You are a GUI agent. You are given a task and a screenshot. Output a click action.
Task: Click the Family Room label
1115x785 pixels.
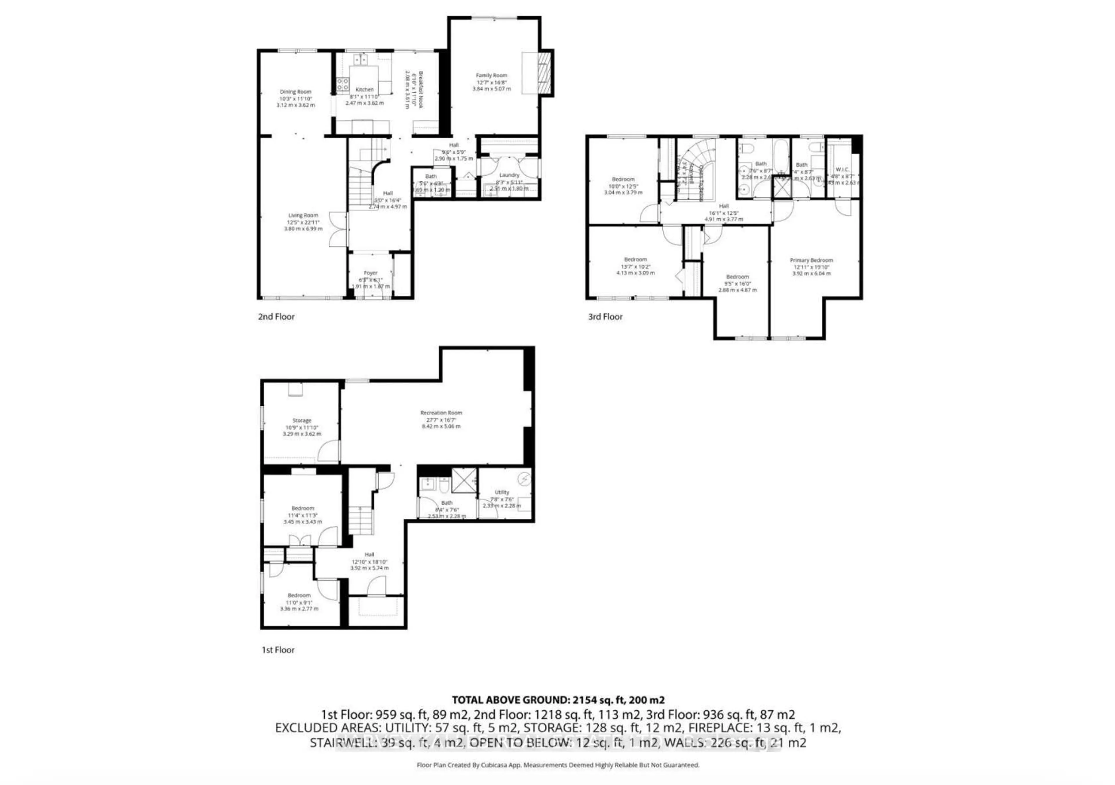click(x=492, y=75)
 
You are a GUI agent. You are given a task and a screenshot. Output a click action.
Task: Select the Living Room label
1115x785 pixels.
click(x=303, y=215)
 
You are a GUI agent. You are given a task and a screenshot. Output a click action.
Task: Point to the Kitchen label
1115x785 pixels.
click(x=365, y=90)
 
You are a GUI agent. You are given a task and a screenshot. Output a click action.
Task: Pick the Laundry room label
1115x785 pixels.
click(x=509, y=175)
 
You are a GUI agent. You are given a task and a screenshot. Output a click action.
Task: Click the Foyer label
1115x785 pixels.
click(x=371, y=273)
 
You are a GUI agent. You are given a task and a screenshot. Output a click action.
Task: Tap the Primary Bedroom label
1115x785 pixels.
click(x=811, y=261)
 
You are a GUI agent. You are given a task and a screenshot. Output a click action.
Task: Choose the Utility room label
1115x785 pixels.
click(x=502, y=492)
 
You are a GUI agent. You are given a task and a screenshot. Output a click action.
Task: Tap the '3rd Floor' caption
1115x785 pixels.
click(x=605, y=317)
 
